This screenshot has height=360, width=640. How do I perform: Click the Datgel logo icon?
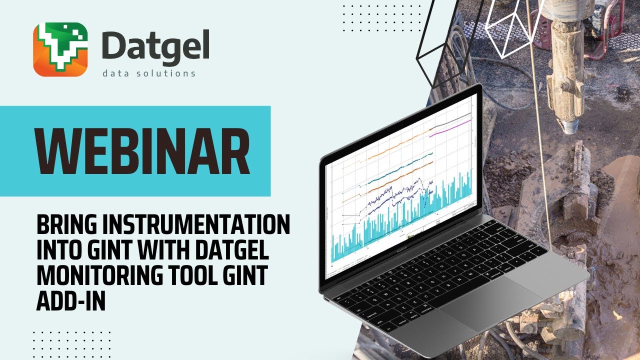point(60,49)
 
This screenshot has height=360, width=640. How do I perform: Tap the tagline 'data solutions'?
point(148,74)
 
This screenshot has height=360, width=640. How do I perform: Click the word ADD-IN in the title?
point(70,301)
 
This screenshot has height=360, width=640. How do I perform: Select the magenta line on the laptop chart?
point(452,128)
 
